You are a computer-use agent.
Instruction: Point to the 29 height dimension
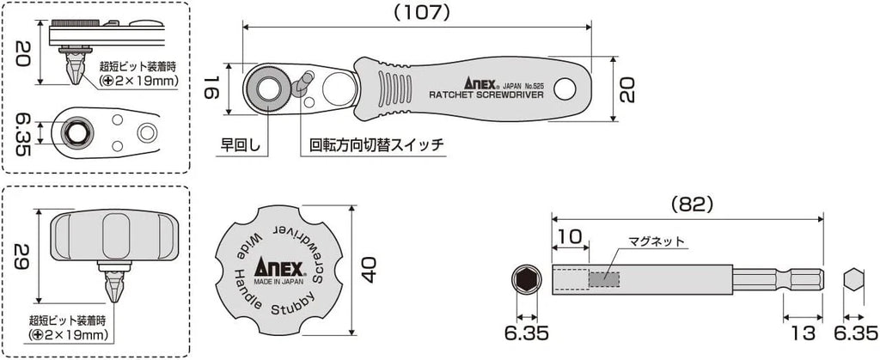coord(24,257)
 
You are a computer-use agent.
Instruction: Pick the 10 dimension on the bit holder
coord(569,235)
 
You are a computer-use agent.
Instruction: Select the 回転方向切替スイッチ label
coord(372,144)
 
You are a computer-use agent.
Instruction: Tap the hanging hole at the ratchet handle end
coord(566,88)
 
